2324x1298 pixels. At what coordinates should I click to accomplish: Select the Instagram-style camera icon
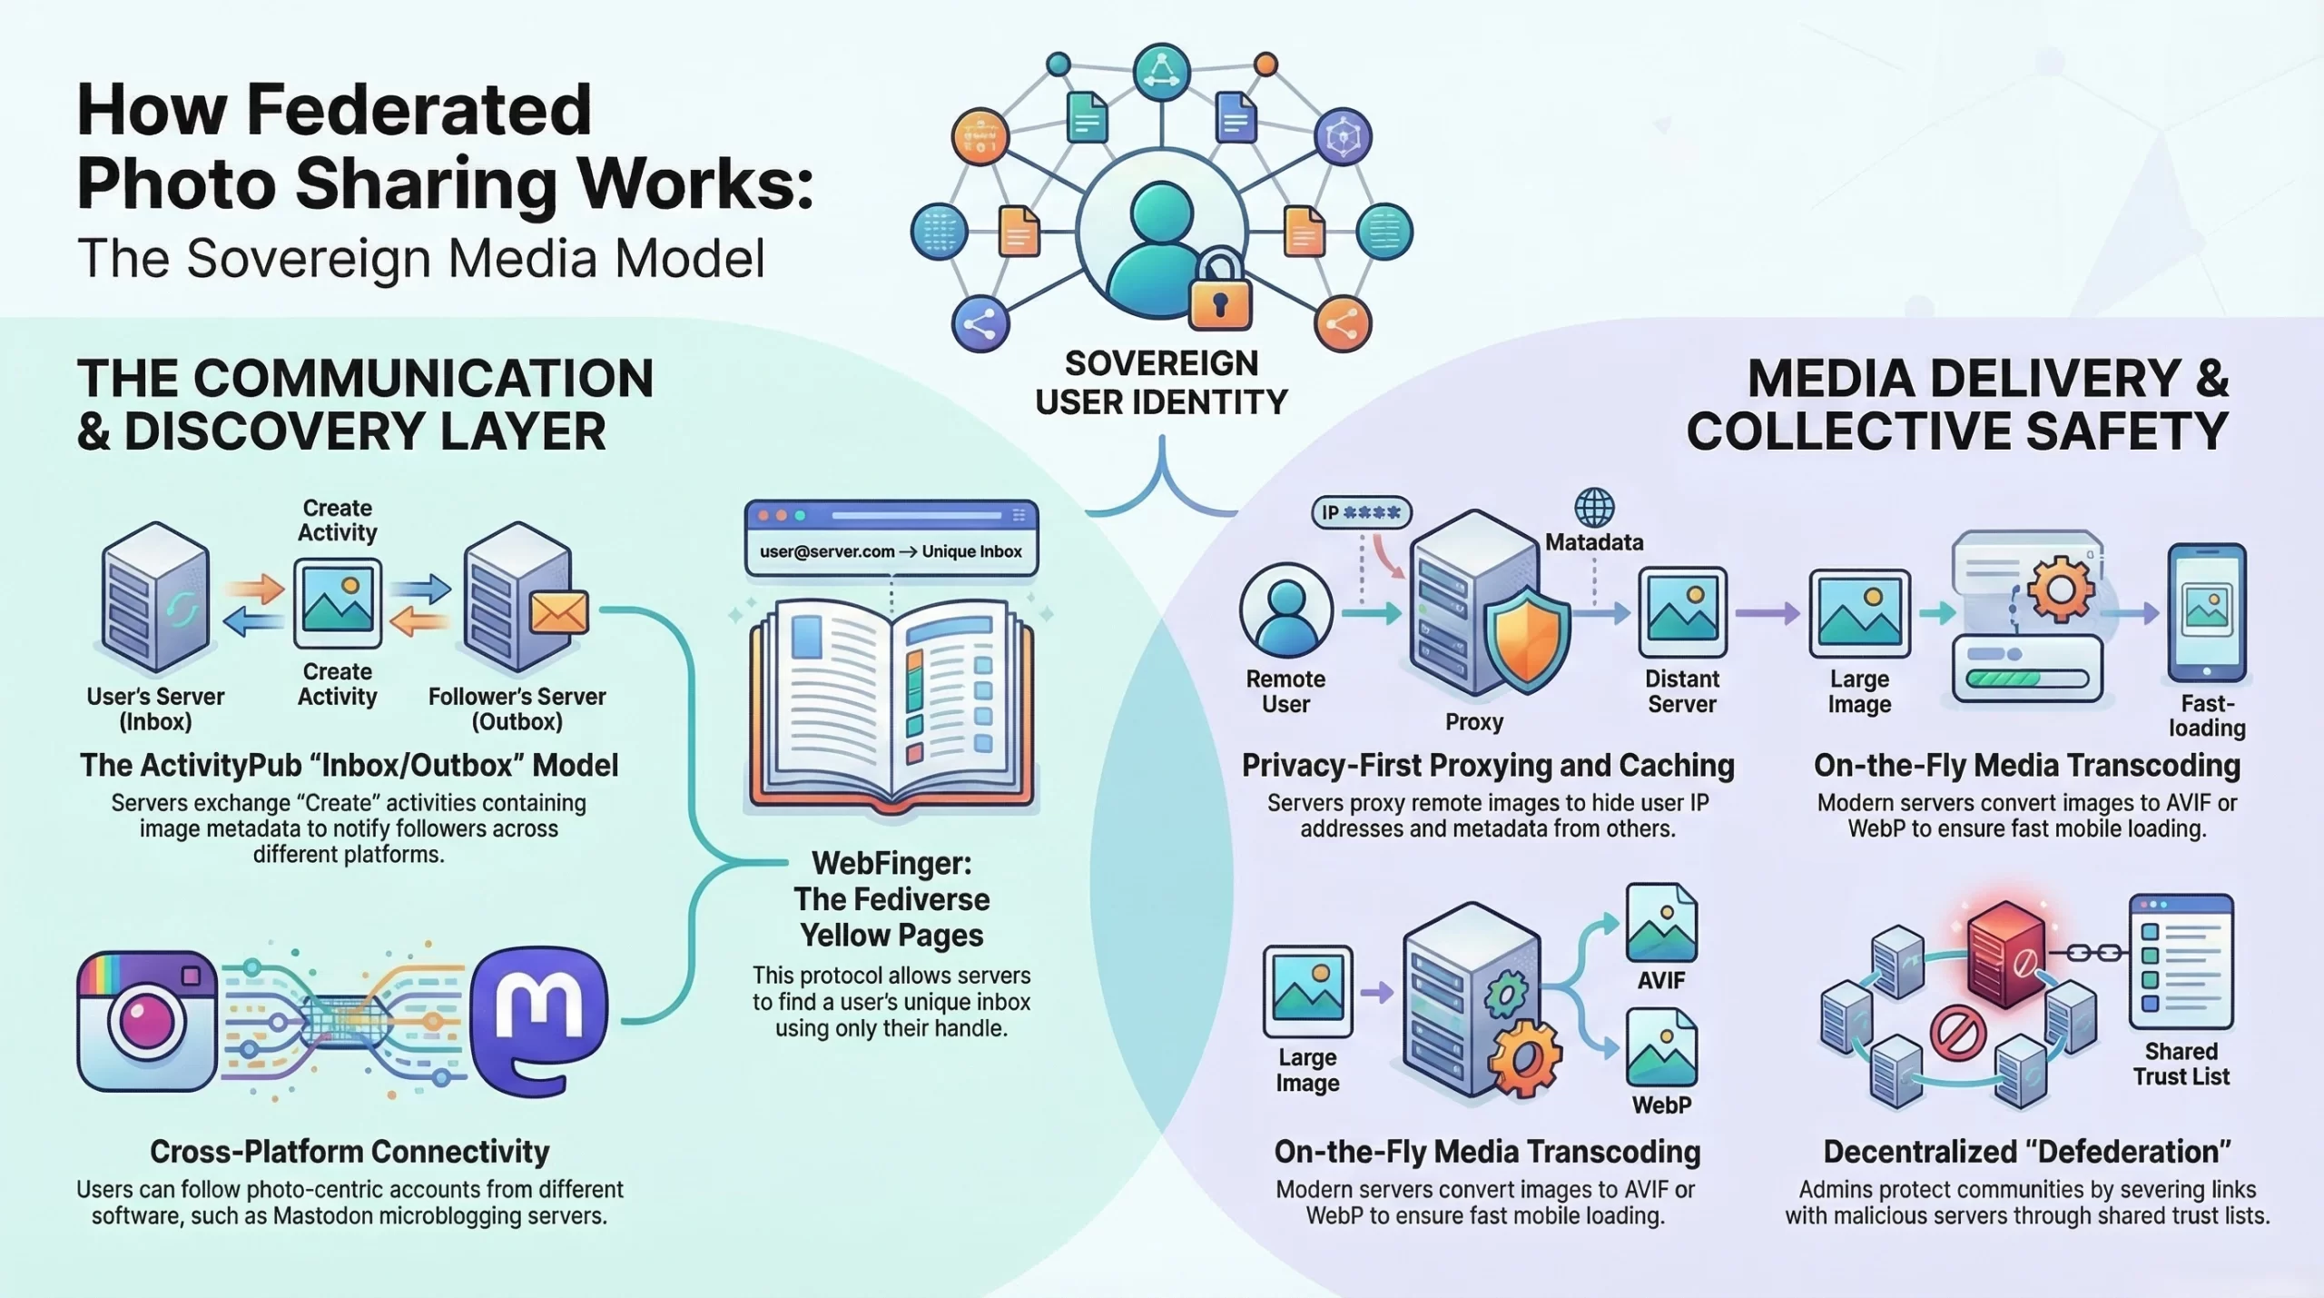[147, 1020]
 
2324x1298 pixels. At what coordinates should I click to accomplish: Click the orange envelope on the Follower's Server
[558, 613]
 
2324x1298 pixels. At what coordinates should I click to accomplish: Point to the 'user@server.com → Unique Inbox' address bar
[891, 551]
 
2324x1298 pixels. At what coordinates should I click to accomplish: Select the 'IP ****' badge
[1361, 512]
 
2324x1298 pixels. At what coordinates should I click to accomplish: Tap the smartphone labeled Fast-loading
[2207, 612]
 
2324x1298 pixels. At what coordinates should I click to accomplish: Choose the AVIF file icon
[1660, 924]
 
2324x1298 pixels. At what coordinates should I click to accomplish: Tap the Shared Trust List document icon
[2181, 961]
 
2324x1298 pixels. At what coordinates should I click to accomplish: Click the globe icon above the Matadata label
[1594, 508]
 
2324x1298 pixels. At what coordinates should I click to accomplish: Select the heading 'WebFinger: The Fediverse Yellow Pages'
[891, 898]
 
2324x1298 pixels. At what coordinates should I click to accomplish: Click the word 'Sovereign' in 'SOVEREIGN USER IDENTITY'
[1161, 363]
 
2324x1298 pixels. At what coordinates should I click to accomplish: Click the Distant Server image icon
[1681, 612]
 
